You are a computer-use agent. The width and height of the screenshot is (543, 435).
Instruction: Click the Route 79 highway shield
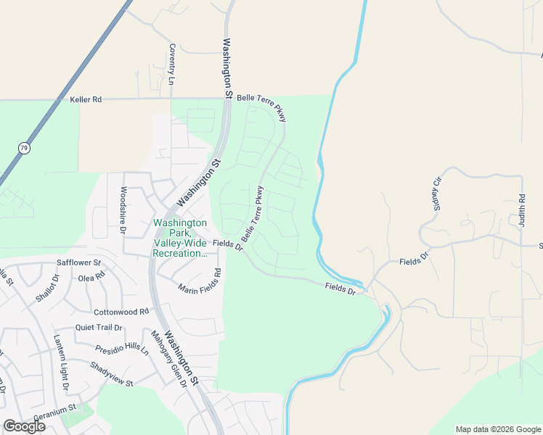(24, 148)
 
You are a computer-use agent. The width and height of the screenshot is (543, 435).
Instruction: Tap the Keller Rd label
(86, 99)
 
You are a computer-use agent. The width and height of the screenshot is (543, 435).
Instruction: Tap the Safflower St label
(78, 263)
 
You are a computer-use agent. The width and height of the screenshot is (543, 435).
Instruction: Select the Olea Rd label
(92, 276)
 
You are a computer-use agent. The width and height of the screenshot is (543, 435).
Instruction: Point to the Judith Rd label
(522, 211)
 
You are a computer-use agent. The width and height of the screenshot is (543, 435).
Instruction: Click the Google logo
(24, 426)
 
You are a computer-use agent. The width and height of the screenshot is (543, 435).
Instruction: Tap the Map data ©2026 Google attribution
(498, 429)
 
